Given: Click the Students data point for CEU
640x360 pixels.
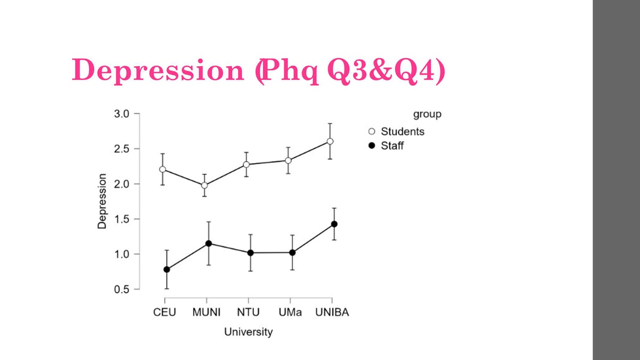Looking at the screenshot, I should [x=163, y=169].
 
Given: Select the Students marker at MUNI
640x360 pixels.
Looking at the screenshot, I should [x=204, y=186].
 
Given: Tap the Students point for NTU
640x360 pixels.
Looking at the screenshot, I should [x=246, y=164].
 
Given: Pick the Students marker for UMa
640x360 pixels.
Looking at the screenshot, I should [x=288, y=160].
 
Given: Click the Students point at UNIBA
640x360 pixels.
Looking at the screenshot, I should [x=330, y=141].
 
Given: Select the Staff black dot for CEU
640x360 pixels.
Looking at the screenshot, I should [x=167, y=269].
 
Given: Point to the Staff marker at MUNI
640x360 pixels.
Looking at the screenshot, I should [x=209, y=243].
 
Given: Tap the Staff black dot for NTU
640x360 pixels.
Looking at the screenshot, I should [x=251, y=252].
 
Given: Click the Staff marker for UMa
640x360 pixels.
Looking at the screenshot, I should [x=292, y=252].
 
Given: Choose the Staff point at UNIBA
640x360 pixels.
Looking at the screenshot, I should [x=334, y=224].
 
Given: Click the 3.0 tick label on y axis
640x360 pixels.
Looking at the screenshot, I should [x=122, y=114].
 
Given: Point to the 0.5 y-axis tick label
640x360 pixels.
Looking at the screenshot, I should [x=122, y=290].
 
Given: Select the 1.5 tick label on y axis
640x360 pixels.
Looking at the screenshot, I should [x=122, y=219].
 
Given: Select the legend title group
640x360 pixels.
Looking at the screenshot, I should [x=427, y=114].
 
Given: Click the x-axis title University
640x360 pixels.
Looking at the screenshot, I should [x=248, y=332].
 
